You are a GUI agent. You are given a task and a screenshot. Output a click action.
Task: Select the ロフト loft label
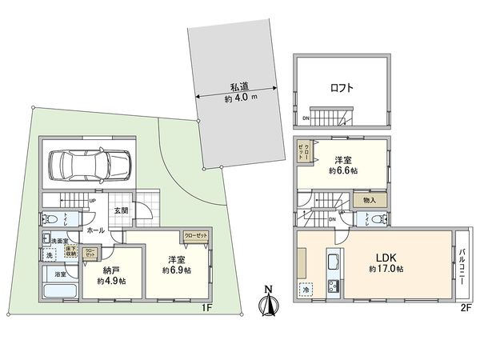[x=342, y=88]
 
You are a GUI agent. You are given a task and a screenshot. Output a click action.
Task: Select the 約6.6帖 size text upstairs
[x=345, y=170]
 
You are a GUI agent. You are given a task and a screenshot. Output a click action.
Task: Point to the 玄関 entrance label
[x=121, y=210]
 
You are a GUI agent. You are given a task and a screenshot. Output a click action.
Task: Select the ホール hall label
[x=95, y=230]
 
